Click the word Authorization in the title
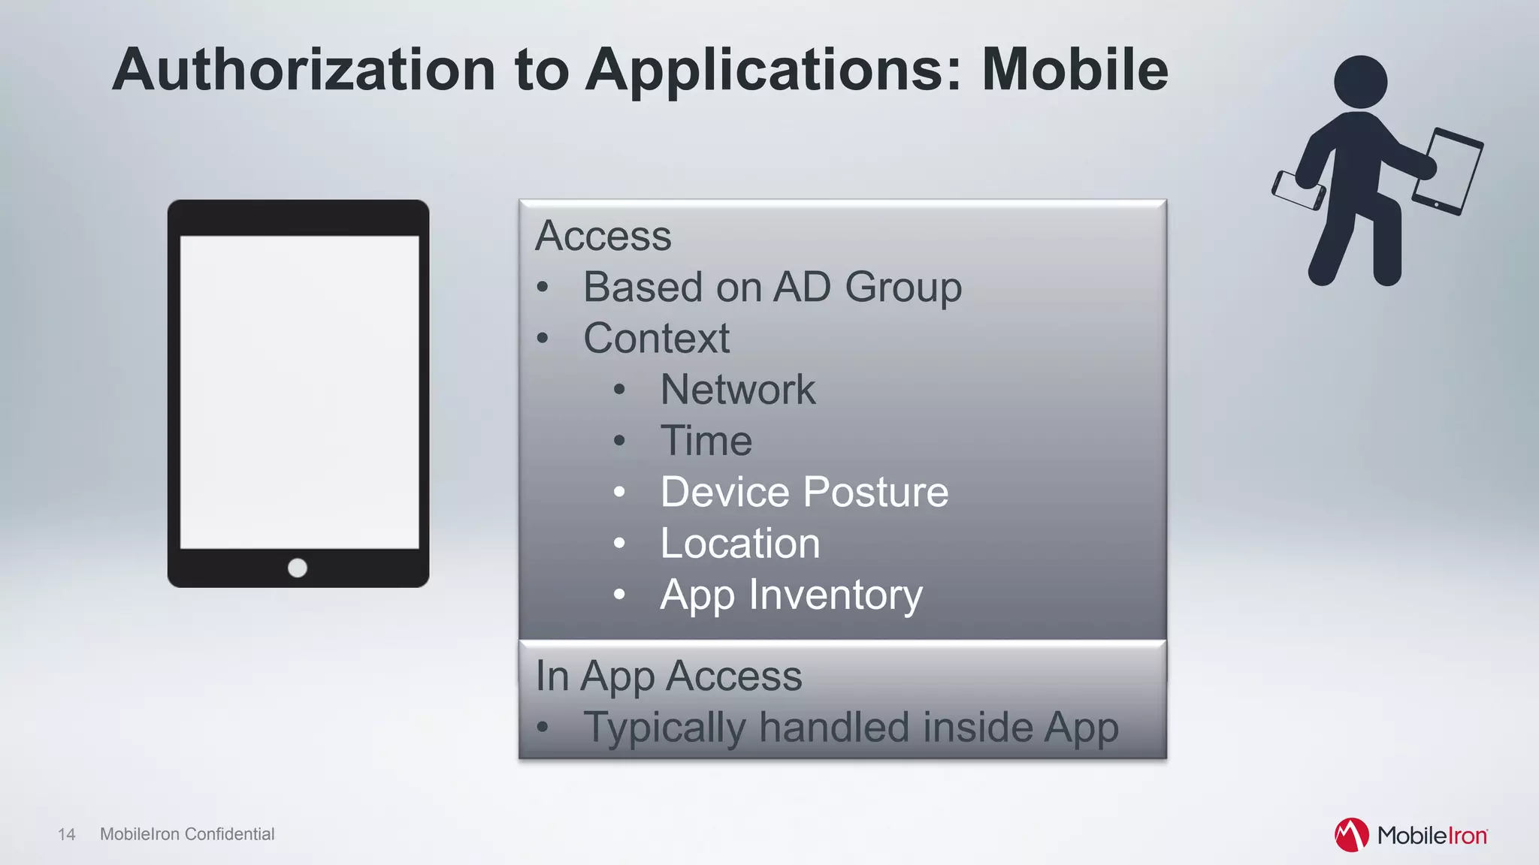(x=304, y=69)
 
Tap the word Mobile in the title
(x=1075, y=69)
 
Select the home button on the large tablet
(x=298, y=568)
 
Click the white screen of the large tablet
(x=299, y=392)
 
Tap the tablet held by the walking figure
(x=1448, y=171)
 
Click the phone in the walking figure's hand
(x=1298, y=191)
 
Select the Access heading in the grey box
(x=603, y=236)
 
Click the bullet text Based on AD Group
(x=772, y=287)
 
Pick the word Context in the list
(x=656, y=338)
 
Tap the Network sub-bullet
(x=737, y=390)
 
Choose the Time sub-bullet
(x=706, y=441)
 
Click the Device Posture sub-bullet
(x=804, y=492)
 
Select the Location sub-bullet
(x=739, y=543)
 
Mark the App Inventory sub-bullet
(x=791, y=595)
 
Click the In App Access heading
(x=668, y=676)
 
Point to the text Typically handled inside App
(x=851, y=727)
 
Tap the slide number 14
(x=66, y=834)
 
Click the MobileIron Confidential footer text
(x=187, y=834)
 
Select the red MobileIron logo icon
(x=1351, y=835)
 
